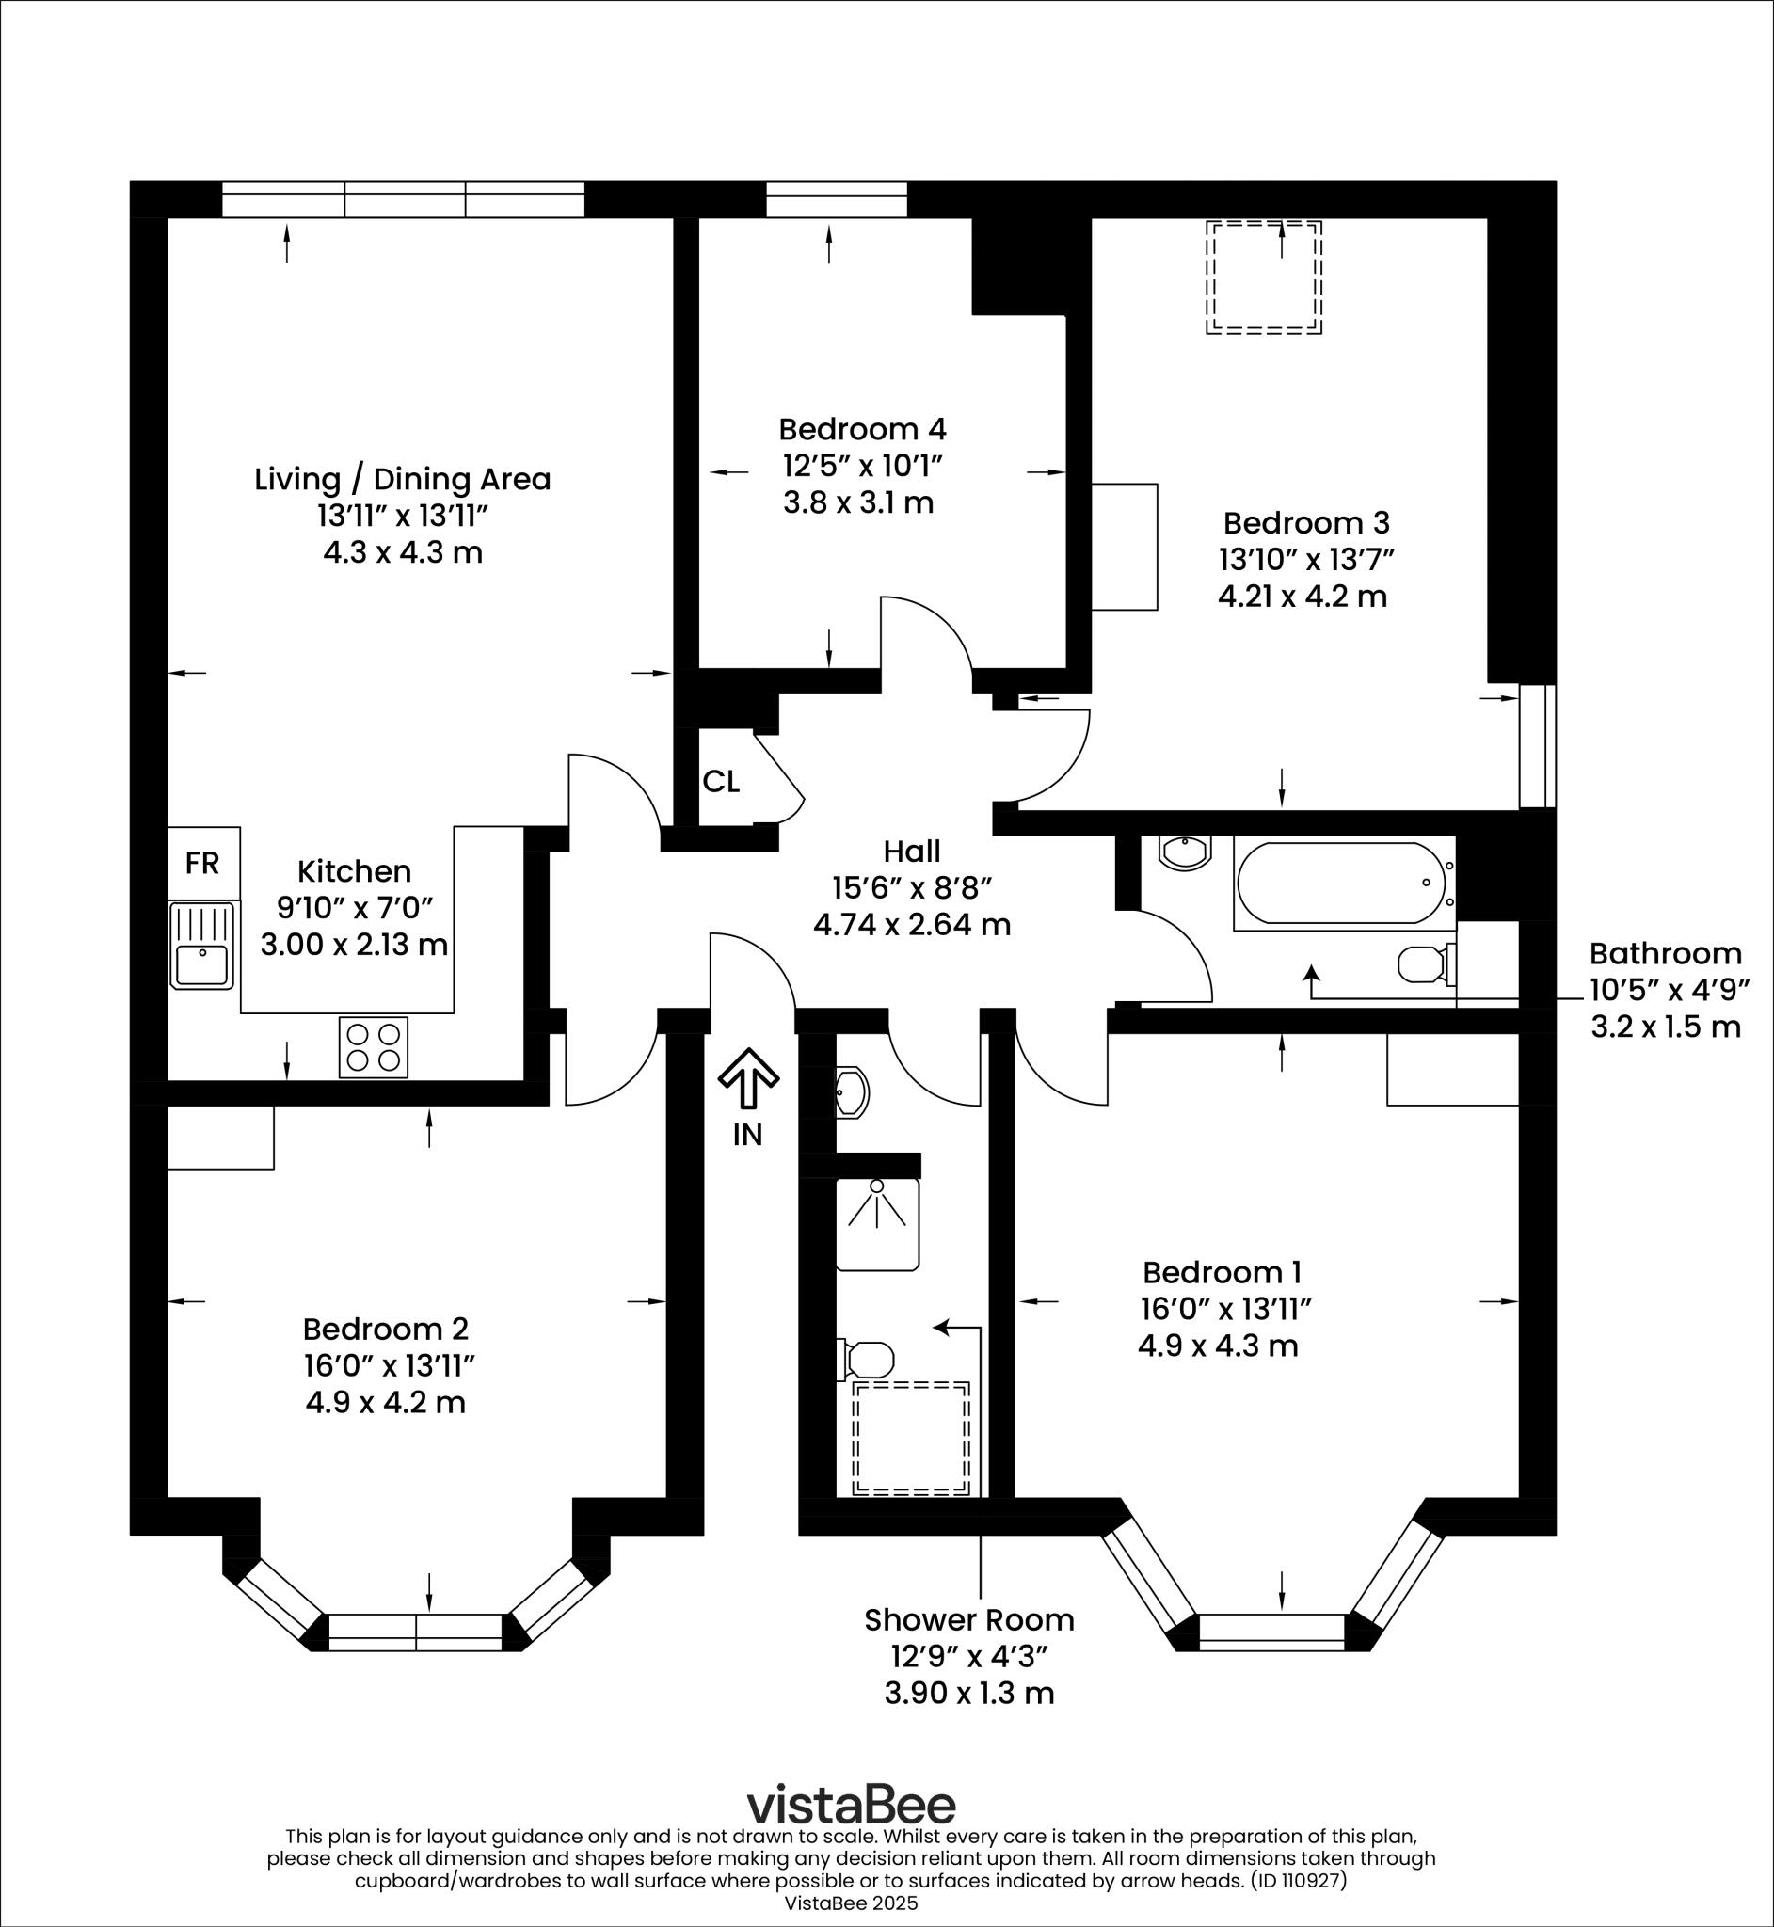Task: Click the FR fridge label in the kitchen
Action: click(x=201, y=863)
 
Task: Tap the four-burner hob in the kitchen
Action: click(x=374, y=1047)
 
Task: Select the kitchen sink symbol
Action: click(x=201, y=947)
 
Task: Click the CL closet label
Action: click(x=721, y=782)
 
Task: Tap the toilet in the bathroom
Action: click(x=1425, y=964)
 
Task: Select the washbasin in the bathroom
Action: click(x=1186, y=852)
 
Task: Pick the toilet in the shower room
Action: click(x=868, y=1359)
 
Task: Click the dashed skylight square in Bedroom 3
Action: click(x=1263, y=278)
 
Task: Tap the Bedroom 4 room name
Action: click(x=862, y=428)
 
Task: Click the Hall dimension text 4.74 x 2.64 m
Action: click(x=912, y=925)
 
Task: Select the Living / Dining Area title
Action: click(x=402, y=479)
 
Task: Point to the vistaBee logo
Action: click(x=852, y=1804)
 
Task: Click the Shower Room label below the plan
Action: click(x=968, y=1620)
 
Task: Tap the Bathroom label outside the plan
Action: click(x=1666, y=953)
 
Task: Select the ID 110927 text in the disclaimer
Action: click(x=1298, y=1880)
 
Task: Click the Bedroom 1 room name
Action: click(x=1221, y=1272)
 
